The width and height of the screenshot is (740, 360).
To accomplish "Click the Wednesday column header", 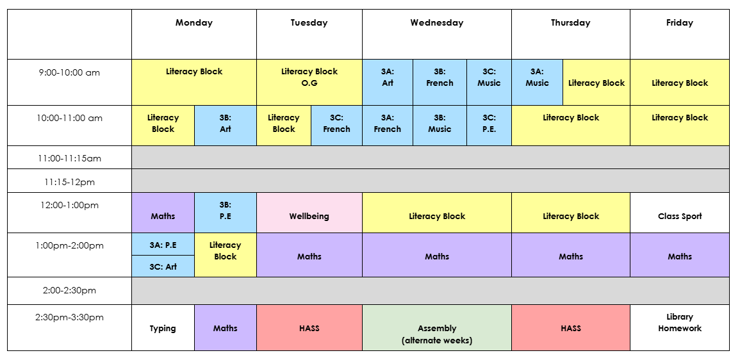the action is (x=436, y=22).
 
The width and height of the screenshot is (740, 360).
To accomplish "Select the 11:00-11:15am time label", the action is (x=69, y=158).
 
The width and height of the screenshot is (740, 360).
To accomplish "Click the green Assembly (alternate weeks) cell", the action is (x=437, y=328).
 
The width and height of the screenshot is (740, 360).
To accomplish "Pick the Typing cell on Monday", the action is (x=163, y=328).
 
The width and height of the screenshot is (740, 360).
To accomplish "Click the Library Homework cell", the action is (x=680, y=328).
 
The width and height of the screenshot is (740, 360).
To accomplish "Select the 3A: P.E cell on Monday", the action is (x=163, y=245).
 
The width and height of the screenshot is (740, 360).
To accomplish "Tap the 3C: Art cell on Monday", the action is (x=163, y=266).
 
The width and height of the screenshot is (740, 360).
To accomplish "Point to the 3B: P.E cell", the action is (x=226, y=213).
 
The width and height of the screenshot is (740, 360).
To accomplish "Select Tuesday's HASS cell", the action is (x=309, y=328).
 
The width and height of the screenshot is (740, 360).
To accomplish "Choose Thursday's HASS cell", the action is (x=571, y=328).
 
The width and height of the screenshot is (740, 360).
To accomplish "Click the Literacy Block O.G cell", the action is (x=309, y=82).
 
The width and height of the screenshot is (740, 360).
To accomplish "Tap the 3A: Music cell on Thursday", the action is (x=537, y=82).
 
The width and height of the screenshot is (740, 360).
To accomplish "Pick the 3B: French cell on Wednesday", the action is (x=440, y=82).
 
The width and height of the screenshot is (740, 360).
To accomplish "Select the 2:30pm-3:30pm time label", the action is (x=69, y=317).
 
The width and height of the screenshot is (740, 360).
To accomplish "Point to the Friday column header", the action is (x=680, y=22).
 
